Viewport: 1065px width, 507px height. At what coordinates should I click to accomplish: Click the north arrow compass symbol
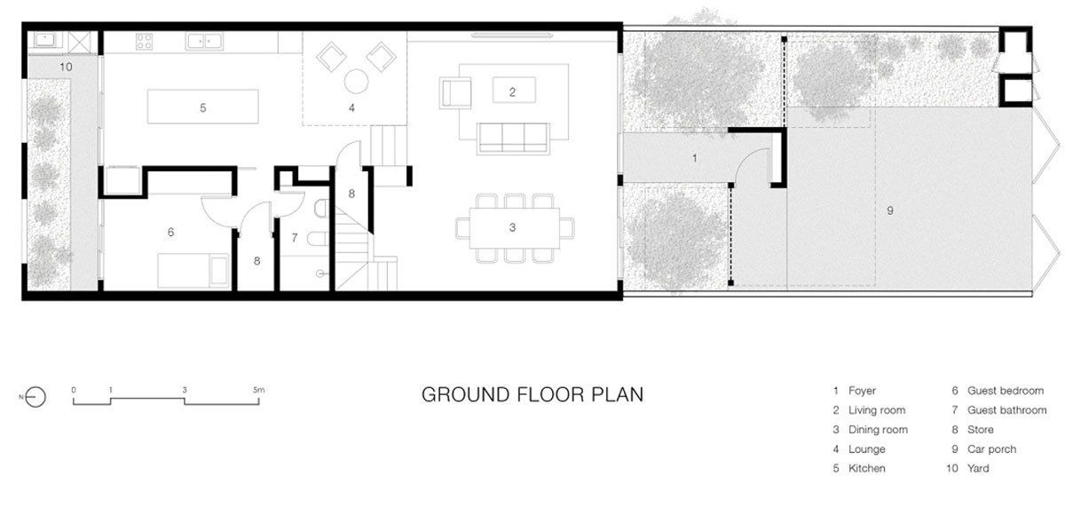tap(35, 397)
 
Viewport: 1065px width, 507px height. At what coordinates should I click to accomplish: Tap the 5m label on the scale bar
tap(258, 390)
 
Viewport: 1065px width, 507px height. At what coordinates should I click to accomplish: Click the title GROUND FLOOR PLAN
tap(532, 395)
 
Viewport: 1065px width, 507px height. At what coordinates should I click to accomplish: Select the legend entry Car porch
tap(983, 449)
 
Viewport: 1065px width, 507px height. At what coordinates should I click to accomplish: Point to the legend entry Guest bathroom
tap(999, 410)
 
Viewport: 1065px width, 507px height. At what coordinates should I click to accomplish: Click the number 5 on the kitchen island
tap(203, 108)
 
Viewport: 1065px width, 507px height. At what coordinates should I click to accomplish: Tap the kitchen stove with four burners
tap(144, 42)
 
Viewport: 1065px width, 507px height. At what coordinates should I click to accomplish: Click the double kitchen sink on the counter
tap(204, 41)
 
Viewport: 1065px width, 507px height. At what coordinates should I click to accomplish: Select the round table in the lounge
tap(356, 82)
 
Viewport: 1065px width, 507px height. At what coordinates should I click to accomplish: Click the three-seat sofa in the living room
tap(514, 139)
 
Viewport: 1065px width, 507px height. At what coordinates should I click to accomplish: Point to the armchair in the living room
tap(455, 93)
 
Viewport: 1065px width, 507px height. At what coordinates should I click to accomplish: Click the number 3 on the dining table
tap(512, 228)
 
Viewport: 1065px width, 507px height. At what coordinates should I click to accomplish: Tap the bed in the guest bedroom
tap(193, 271)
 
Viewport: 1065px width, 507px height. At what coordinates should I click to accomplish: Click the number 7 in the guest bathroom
tap(295, 238)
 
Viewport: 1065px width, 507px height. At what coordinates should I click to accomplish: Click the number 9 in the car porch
tap(890, 210)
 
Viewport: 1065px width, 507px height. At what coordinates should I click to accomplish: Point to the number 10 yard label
tap(66, 67)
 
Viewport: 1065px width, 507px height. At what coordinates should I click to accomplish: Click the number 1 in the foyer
tap(695, 158)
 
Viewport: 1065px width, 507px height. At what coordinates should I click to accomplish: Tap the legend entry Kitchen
tap(859, 469)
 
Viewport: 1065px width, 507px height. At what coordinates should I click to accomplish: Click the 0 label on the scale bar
tap(74, 390)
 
